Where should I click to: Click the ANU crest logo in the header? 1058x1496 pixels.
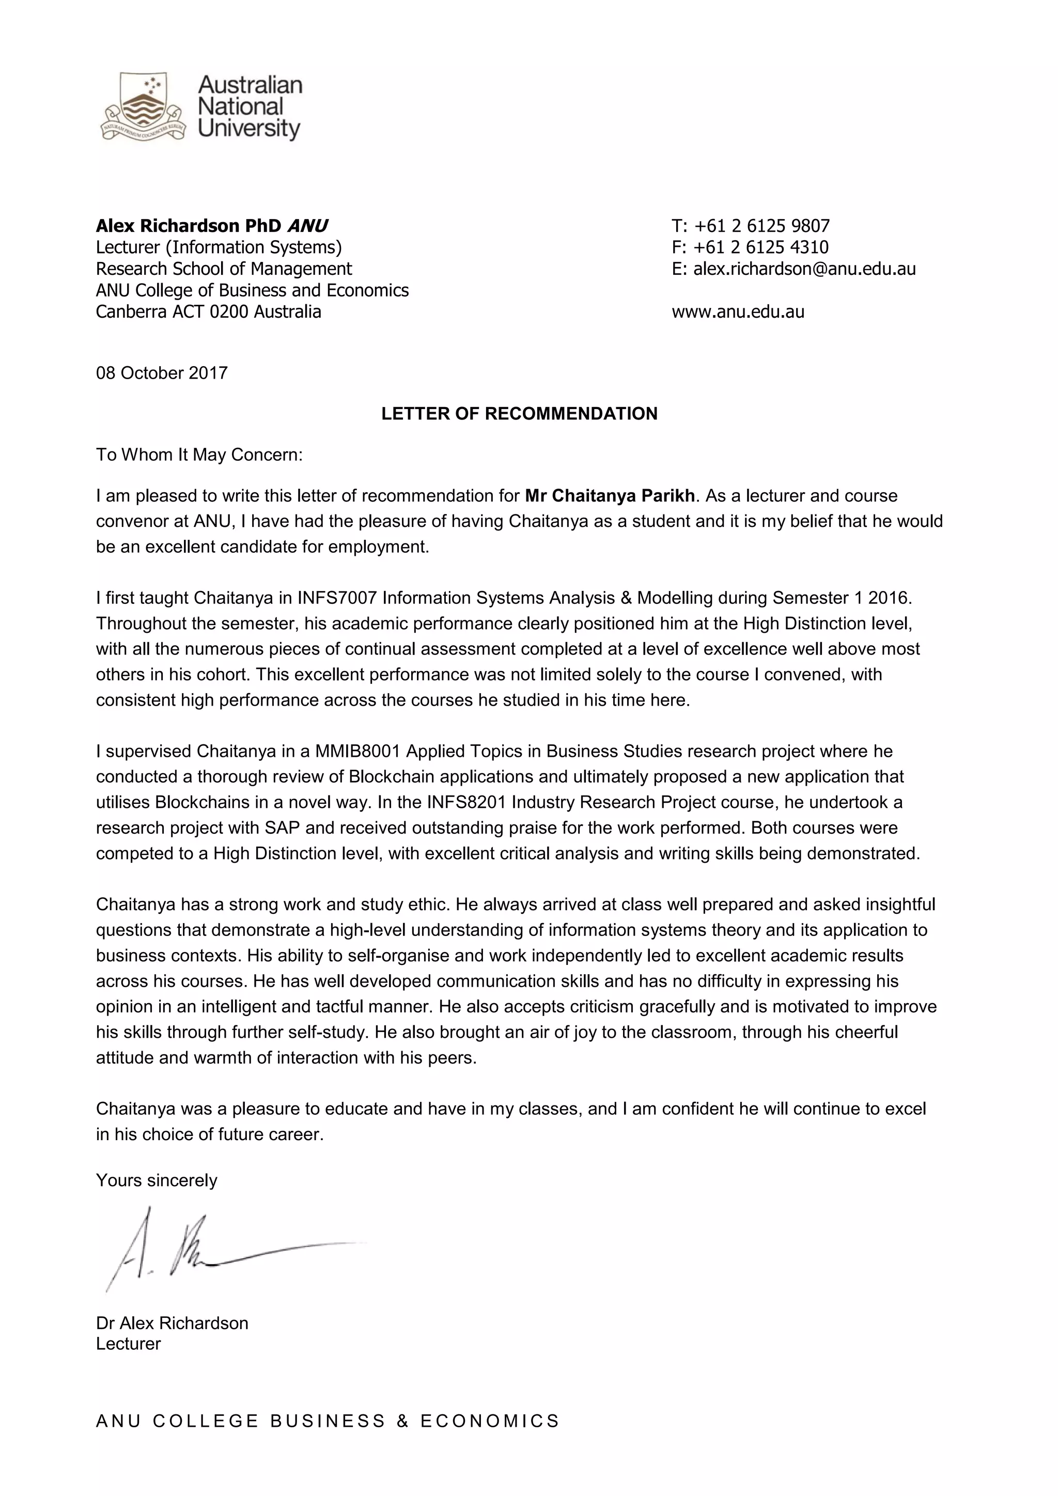142,107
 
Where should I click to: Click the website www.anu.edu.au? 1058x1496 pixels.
738,311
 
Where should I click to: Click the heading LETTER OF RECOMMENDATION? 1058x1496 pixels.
519,414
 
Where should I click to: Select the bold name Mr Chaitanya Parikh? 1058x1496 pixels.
610,496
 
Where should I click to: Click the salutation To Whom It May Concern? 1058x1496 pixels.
199,455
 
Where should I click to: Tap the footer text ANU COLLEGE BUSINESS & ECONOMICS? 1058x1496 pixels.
328,1421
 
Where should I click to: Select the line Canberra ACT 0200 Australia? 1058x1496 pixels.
209,311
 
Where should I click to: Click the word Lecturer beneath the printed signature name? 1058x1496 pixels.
128,1343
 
